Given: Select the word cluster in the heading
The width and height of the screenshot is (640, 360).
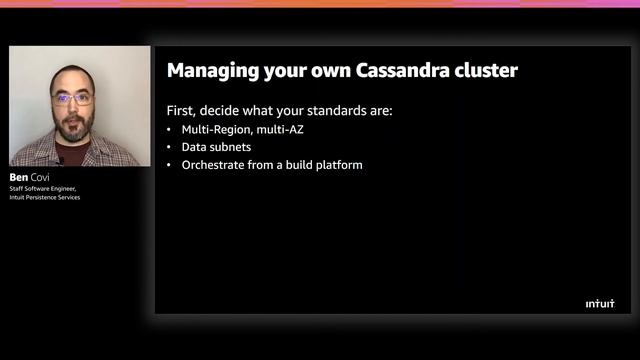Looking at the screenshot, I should pyautogui.click(x=482, y=71).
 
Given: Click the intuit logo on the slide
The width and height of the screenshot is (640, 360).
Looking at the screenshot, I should pyautogui.click(x=600, y=303).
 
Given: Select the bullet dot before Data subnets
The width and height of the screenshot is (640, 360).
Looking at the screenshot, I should pyautogui.click(x=169, y=147).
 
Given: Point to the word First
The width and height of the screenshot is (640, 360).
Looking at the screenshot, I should pyautogui.click(x=182, y=110).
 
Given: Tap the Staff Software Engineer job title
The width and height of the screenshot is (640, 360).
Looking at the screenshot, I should pyautogui.click(x=43, y=188).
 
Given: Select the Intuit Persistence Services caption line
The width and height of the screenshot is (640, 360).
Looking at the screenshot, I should pyautogui.click(x=45, y=197).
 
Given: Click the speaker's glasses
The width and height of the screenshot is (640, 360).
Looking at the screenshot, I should pyautogui.click(x=71, y=99).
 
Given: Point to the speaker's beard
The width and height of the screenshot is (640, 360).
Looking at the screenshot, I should pyautogui.click(x=71, y=128).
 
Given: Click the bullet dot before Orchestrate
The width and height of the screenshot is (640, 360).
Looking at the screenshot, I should pyautogui.click(x=169, y=164).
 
